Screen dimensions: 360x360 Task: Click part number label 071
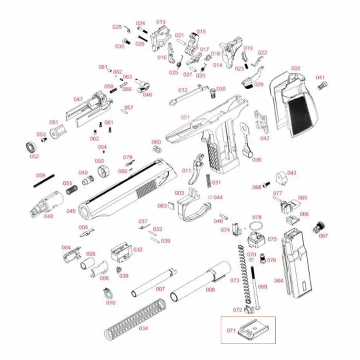[x=231, y=330]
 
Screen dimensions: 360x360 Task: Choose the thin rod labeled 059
[x=44, y=181]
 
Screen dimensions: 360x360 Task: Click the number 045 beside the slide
[x=71, y=211]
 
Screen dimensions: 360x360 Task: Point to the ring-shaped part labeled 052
[x=32, y=148]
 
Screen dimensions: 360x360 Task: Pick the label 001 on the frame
[x=185, y=117]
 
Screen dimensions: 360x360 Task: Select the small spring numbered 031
[x=208, y=180]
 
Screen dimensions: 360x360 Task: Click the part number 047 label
[x=78, y=99]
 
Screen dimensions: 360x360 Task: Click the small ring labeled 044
[x=210, y=197]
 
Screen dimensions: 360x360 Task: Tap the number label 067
[x=323, y=236]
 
